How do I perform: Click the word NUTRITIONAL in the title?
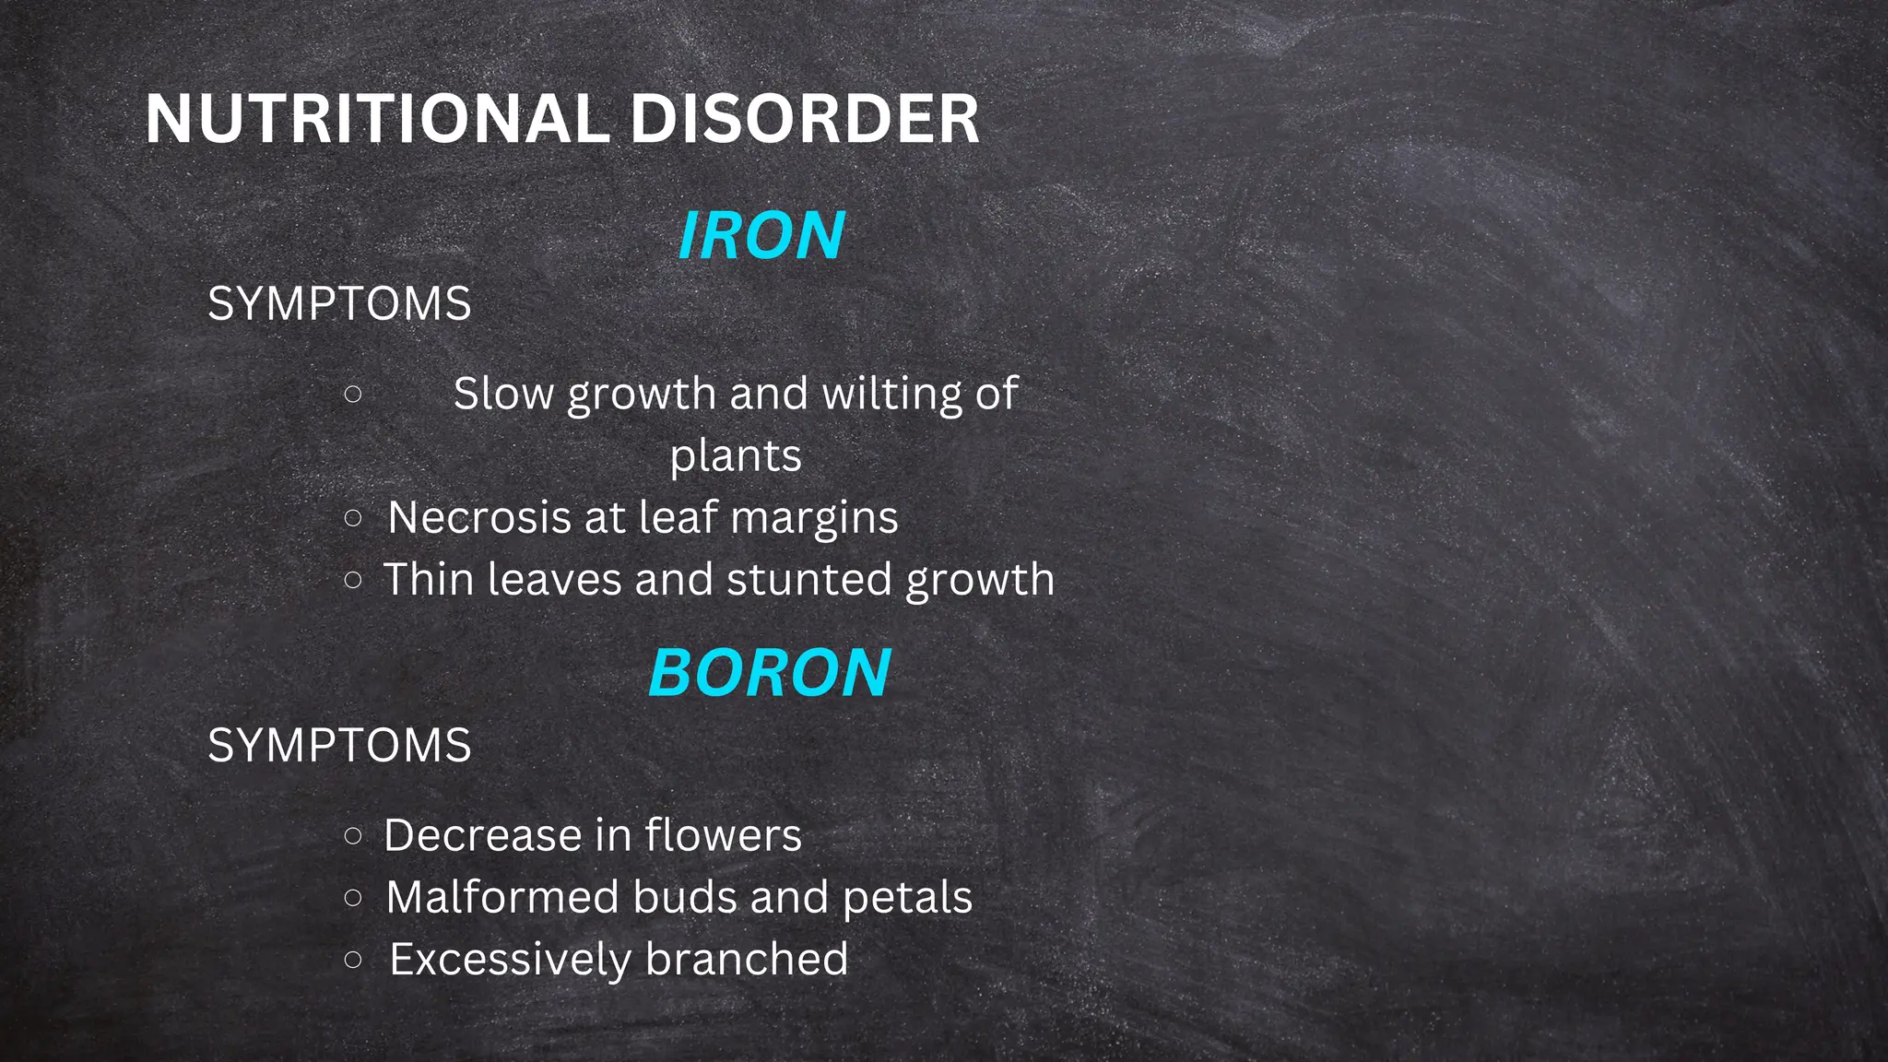(376, 120)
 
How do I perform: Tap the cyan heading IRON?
(761, 236)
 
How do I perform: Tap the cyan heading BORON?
(770, 673)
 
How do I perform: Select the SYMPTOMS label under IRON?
(339, 304)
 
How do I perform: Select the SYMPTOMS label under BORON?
(339, 745)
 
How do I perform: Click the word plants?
(736, 456)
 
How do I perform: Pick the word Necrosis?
(478, 517)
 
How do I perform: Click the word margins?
(814, 519)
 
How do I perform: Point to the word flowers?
(723, 836)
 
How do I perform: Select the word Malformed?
(502, 897)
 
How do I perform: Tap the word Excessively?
(510, 960)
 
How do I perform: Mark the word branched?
(747, 959)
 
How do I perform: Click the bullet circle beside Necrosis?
(352, 518)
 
